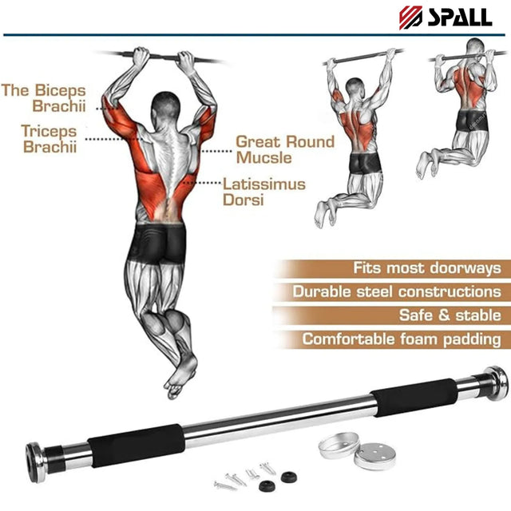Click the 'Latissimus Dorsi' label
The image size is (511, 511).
point(263,192)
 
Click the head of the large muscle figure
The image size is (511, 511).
point(166,105)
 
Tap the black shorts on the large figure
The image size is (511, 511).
point(162,243)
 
